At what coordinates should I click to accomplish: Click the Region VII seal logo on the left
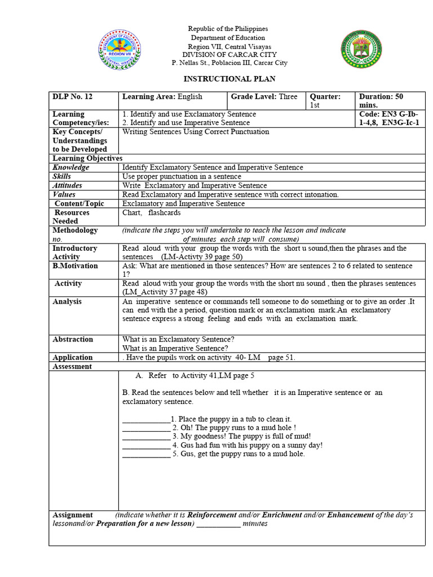(x=120, y=50)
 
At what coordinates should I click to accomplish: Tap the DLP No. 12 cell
(x=73, y=97)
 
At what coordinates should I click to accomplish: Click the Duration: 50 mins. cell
(x=389, y=101)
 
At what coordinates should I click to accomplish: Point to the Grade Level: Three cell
(x=264, y=97)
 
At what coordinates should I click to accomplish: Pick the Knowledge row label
(x=71, y=167)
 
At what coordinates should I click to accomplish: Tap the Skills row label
(x=63, y=176)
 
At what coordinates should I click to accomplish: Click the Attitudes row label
(x=68, y=185)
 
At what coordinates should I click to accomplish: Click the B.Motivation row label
(x=75, y=266)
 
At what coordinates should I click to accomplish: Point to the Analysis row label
(x=67, y=301)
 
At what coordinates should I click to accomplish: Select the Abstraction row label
(x=73, y=339)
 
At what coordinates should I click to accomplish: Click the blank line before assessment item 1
(x=146, y=420)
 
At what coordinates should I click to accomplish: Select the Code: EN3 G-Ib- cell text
(x=389, y=114)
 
